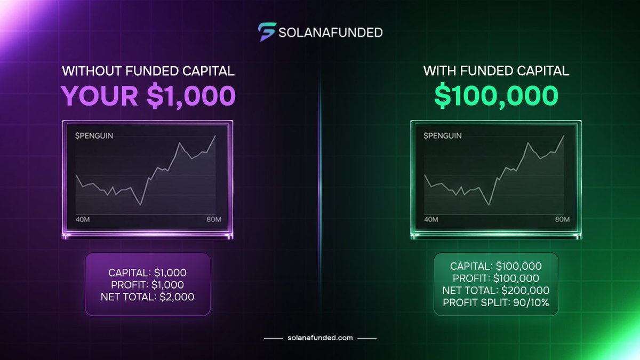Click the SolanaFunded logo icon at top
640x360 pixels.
point(266,31)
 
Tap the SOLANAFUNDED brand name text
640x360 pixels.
point(331,32)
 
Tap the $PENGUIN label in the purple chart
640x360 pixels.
point(95,135)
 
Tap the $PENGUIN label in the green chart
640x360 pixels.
point(443,135)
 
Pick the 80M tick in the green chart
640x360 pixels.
point(562,220)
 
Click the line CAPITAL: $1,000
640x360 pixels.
point(147,272)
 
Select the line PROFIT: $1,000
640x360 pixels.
point(147,284)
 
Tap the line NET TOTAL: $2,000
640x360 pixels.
point(147,297)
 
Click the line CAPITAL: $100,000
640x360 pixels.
point(496,266)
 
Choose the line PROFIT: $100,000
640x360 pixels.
point(496,278)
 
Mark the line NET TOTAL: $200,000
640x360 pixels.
point(496,291)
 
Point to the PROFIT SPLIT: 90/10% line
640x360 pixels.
point(496,303)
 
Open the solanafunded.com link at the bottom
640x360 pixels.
point(320,338)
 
